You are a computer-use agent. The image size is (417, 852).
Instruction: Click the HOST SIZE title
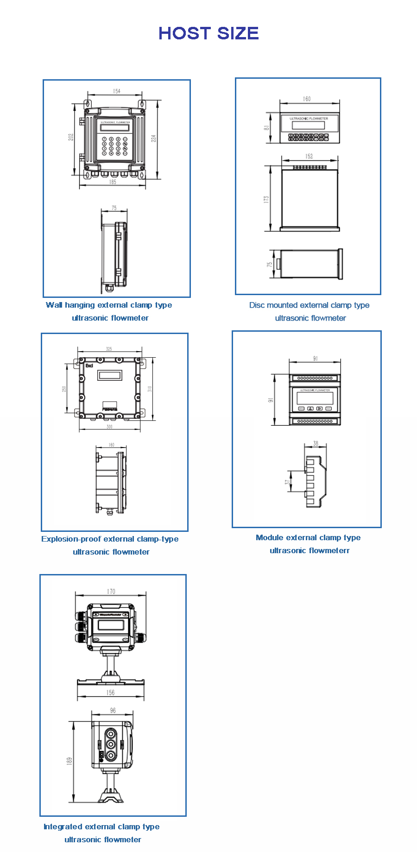[208, 33]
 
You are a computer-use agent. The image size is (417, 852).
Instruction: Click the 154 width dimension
[116, 91]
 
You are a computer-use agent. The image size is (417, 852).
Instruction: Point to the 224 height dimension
[154, 138]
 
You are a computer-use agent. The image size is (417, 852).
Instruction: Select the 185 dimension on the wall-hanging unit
[113, 182]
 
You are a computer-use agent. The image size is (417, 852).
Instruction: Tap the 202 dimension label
[71, 137]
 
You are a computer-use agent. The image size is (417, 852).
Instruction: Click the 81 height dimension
[267, 127]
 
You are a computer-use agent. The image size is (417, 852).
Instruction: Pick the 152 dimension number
[309, 156]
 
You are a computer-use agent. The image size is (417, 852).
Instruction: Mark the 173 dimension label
[266, 199]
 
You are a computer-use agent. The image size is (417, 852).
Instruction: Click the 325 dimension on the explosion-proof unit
[109, 349]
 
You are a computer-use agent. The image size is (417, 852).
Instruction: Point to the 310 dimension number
[150, 389]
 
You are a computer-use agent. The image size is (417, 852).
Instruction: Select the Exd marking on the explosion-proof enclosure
[89, 366]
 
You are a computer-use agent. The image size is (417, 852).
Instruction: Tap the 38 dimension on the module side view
[316, 443]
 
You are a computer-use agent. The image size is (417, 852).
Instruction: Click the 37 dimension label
[287, 482]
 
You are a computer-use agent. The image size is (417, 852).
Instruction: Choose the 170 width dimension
[111, 591]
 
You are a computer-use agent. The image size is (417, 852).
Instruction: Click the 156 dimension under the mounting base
[110, 693]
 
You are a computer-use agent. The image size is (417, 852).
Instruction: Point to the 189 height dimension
[69, 761]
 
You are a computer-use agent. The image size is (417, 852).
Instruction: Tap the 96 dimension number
[113, 710]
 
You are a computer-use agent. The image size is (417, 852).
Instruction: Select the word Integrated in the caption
[63, 827]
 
